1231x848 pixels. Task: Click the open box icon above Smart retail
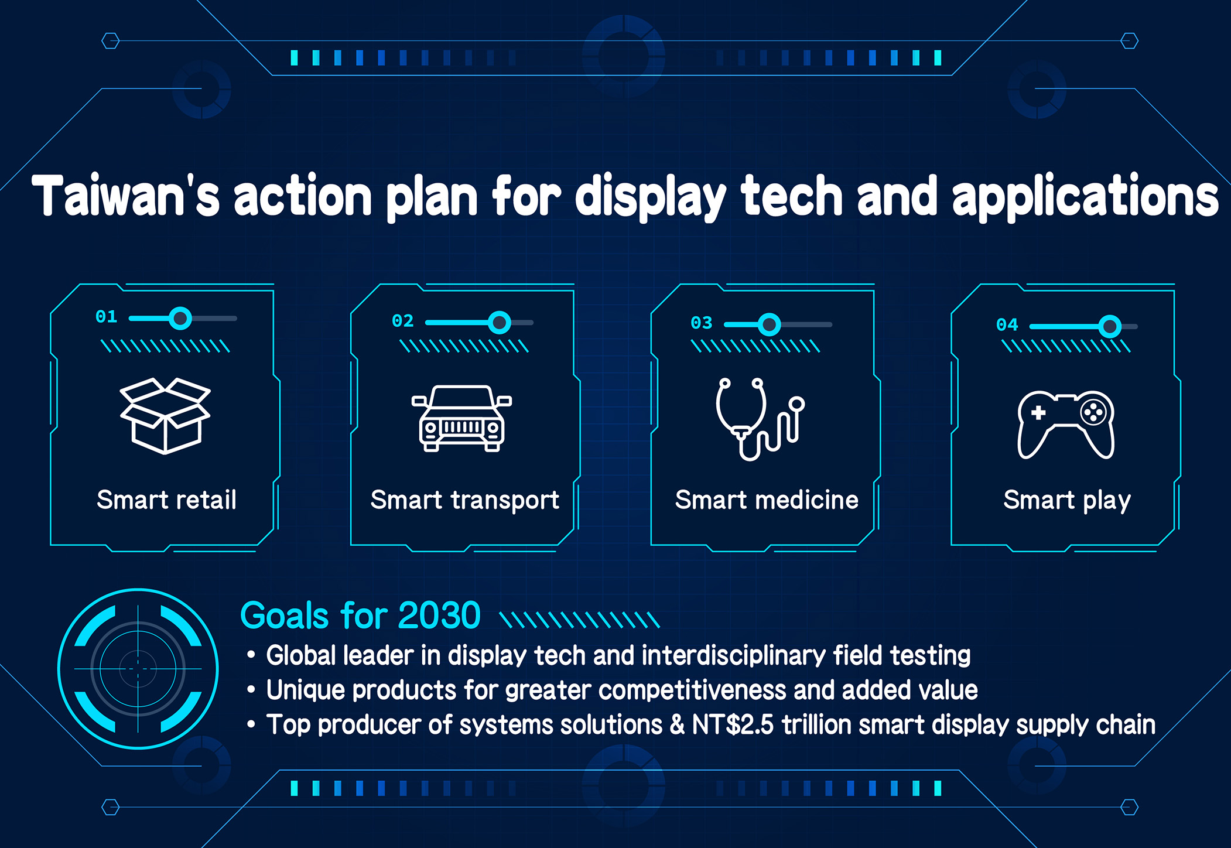coord(165,416)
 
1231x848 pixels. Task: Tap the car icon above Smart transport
coord(462,418)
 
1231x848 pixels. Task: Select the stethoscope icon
coord(760,419)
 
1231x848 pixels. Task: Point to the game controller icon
coord(1066,425)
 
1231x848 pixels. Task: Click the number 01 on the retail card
coord(107,317)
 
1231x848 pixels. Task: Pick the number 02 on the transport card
coord(403,321)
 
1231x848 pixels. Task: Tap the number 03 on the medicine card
coord(702,323)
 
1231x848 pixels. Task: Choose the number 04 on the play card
coord(1007,325)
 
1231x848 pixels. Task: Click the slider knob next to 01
coord(180,319)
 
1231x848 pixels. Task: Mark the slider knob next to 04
coord(1110,326)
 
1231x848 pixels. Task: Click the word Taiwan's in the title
coord(126,196)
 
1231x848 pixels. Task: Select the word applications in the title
coord(1085,198)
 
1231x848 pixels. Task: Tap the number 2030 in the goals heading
coord(439,616)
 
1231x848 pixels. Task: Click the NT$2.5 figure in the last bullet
coord(733,724)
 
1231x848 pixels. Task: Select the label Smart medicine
coord(767,500)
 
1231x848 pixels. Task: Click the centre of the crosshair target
coord(138,669)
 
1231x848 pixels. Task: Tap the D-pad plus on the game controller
coord(1038,413)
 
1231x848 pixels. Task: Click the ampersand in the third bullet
coord(677,724)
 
